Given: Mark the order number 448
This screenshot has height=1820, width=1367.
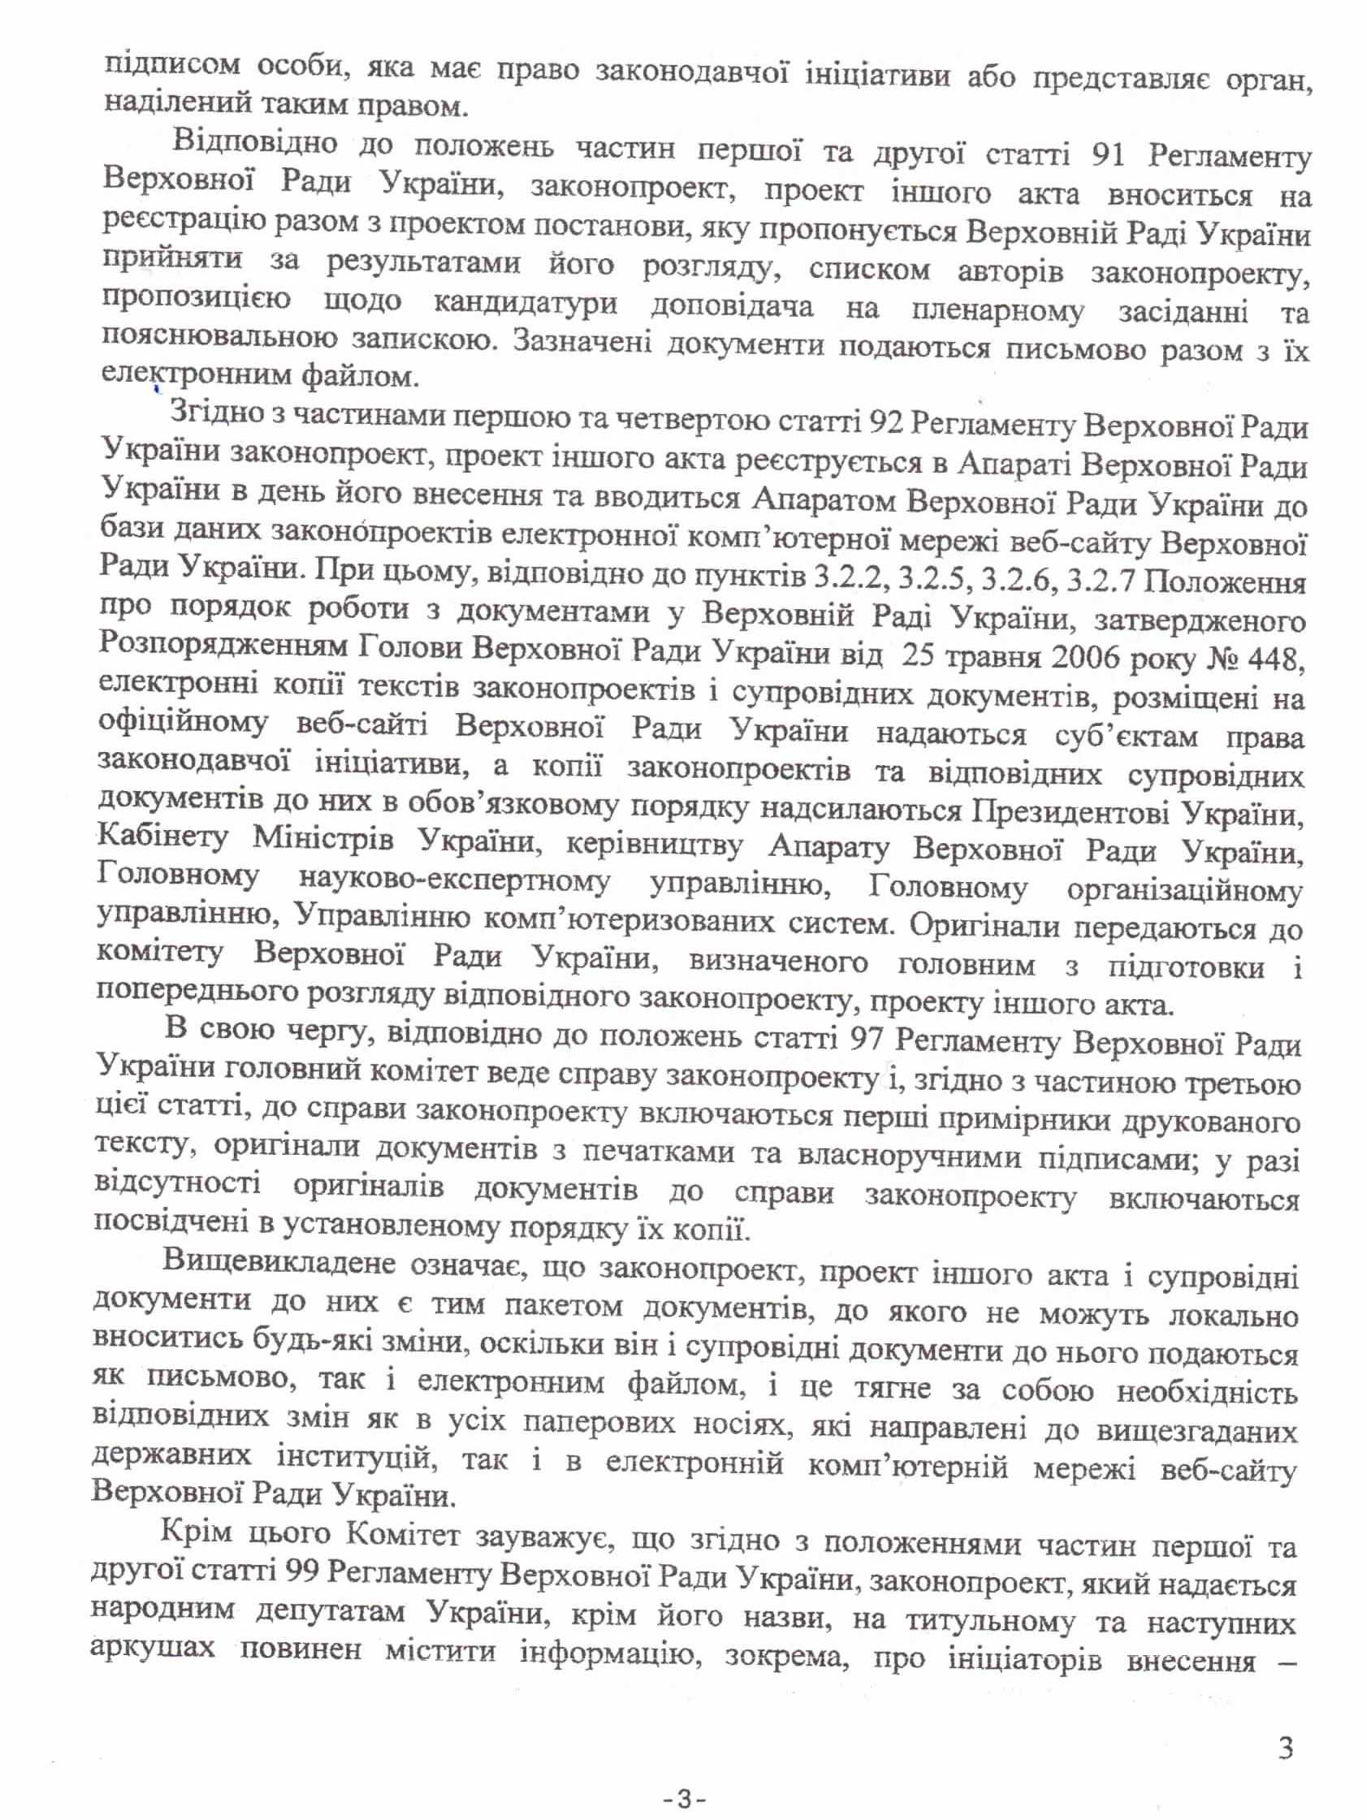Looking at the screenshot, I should point(1272,658).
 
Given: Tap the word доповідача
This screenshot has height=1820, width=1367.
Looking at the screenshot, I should point(732,307).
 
